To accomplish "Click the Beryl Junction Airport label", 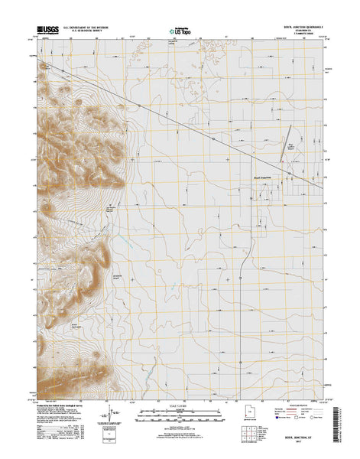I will coord(290,143).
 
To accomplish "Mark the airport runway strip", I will coord(281,152).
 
